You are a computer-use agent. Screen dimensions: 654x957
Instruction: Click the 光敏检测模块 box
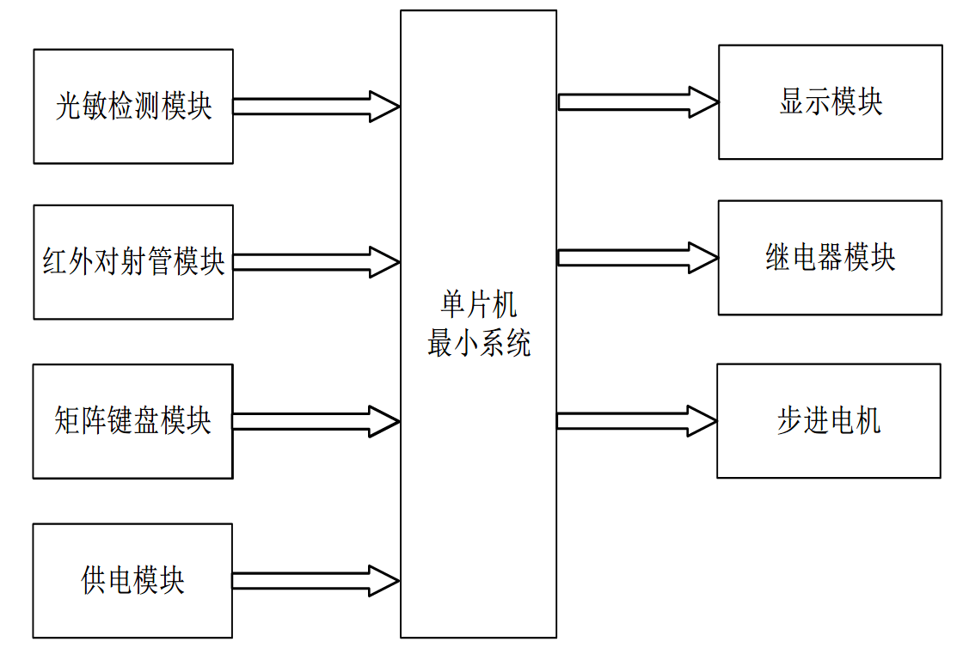click(133, 107)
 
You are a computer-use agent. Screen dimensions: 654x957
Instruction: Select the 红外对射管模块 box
click(133, 261)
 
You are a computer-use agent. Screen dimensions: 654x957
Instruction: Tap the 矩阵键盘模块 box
click(133, 420)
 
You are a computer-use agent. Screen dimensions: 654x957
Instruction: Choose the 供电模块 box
click(133, 580)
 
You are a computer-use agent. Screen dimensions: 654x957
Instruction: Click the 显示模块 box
click(830, 102)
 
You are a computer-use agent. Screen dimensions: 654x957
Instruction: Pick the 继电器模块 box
click(830, 257)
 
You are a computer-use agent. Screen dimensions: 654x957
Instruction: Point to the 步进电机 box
click(828, 420)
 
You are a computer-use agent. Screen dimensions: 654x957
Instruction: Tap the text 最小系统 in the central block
click(479, 344)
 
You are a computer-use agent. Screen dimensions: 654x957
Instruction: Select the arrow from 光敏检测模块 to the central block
click(315, 107)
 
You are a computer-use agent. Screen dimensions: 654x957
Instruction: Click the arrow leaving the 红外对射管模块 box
click(315, 261)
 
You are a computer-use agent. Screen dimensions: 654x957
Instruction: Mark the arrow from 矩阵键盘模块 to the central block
click(315, 420)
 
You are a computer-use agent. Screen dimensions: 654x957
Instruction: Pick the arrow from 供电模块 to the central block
click(315, 580)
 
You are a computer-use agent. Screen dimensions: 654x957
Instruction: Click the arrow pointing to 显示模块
click(636, 102)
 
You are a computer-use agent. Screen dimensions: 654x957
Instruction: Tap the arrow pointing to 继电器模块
click(636, 257)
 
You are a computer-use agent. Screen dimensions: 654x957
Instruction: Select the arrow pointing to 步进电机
click(636, 420)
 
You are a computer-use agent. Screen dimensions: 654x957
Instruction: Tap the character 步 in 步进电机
click(789, 421)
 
